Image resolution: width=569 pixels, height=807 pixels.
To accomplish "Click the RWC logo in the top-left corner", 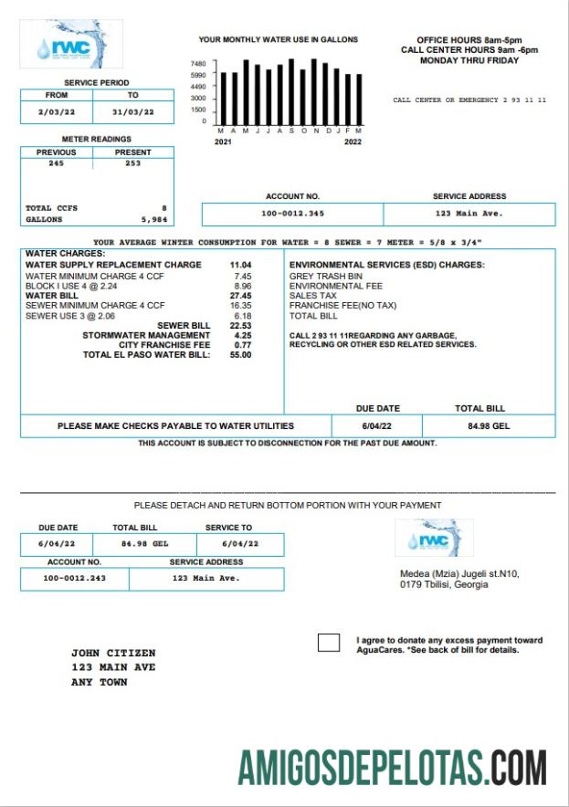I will click(x=70, y=44).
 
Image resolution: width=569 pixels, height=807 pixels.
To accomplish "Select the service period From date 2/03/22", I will click(x=57, y=112).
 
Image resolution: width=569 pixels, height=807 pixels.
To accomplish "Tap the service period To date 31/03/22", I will click(x=132, y=112).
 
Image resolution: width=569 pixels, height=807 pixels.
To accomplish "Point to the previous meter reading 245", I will click(x=57, y=163).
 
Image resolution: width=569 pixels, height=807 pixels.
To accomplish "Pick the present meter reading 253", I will click(x=132, y=163).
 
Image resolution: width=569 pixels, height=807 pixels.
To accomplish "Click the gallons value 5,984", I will click(x=153, y=220).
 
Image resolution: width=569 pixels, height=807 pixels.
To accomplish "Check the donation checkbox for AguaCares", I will click(x=329, y=643).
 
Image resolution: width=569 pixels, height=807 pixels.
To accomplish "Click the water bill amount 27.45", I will click(x=241, y=296).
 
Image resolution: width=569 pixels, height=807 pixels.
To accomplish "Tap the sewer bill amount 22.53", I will click(x=241, y=325).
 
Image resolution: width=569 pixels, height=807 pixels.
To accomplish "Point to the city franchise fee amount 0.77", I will click(x=243, y=345).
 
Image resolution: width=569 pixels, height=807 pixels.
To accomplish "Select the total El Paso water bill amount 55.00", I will click(x=241, y=355).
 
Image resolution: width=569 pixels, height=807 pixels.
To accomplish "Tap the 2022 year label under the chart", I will click(x=353, y=141).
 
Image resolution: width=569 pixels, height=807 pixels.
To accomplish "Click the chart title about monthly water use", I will click(x=279, y=40).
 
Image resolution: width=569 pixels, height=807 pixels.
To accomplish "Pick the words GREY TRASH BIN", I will click(x=325, y=276).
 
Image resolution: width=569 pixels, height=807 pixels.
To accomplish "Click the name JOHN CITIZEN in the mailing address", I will click(x=113, y=654).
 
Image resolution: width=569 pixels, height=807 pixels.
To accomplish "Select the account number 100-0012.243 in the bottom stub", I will click(x=75, y=578).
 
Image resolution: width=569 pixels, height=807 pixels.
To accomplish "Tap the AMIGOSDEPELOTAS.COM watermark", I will click(x=393, y=768).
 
